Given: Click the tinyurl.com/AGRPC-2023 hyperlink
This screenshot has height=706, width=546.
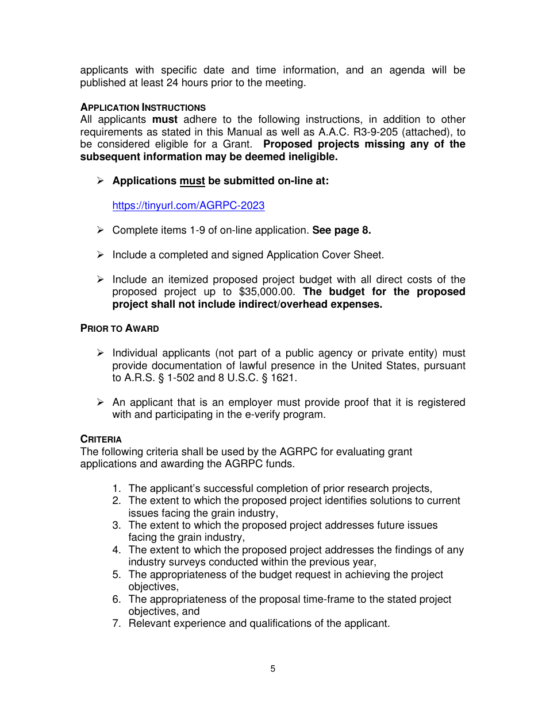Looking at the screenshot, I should (x=188, y=205).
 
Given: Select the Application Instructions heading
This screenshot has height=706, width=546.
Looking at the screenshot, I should (x=143, y=107).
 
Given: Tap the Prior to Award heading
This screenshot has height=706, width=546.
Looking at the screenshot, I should (x=120, y=328).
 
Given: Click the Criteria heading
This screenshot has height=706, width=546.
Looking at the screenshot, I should (x=101, y=440).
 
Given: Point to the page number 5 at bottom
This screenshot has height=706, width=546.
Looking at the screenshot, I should (x=273, y=669).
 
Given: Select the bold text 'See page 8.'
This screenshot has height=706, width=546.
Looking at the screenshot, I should (x=341, y=230).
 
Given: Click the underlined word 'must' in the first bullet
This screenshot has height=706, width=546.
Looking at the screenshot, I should (x=192, y=181).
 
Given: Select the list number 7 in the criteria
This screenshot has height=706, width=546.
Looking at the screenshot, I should (x=116, y=623).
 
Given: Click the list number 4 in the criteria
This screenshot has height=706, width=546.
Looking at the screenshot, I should (x=116, y=550).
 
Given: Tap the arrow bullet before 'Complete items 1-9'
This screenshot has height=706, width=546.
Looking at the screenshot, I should (x=100, y=230).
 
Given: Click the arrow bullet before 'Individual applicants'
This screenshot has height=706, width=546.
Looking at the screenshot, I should (x=100, y=353).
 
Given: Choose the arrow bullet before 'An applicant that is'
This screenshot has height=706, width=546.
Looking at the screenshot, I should (x=100, y=402).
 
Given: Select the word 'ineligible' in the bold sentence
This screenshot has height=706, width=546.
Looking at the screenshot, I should (x=313, y=157).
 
